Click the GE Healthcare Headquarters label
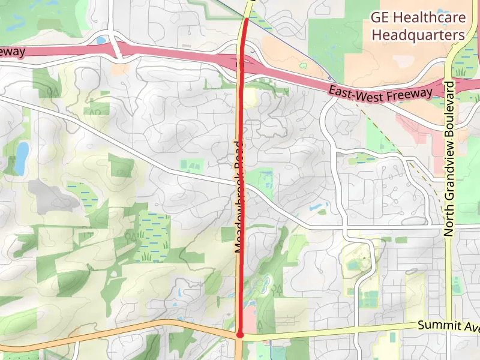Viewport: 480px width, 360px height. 418,26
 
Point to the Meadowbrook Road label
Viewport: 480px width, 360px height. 239,196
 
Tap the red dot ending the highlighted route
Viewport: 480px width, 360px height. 239,335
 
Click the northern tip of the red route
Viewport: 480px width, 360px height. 246,20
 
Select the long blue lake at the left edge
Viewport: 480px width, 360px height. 21,157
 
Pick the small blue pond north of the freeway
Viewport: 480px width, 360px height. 100,40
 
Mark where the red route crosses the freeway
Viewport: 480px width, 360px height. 241,62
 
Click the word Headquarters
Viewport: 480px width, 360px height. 418,35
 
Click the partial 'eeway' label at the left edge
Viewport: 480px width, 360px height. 12,52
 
